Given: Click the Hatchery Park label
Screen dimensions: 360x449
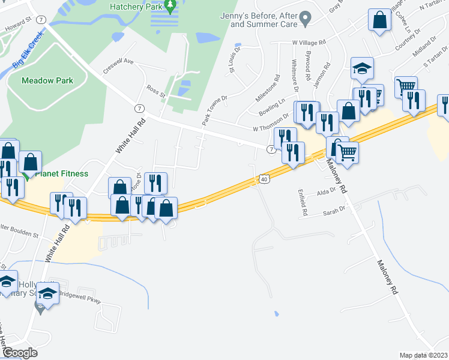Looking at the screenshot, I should coord(136,7).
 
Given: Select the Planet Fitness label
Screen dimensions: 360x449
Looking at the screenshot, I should coord(61,174).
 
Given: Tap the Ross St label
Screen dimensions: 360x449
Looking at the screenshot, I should coord(155,91).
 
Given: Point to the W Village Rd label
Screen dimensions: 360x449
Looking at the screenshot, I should coord(309,43).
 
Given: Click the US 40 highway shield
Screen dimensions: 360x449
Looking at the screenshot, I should coord(264,178).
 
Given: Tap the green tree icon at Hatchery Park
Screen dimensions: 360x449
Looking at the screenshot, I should coord(170,7).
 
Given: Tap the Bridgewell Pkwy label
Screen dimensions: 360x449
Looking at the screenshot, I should coord(80,301).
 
